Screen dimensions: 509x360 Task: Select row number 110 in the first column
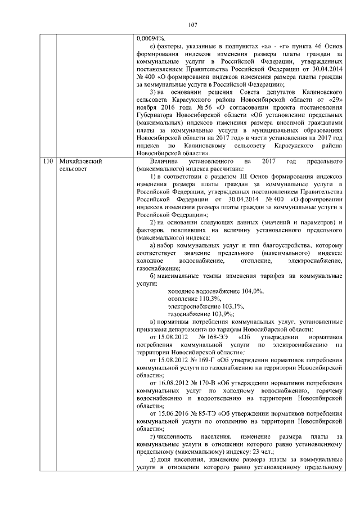[x=48, y=161]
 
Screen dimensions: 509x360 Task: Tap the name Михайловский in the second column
[x=80, y=161]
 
